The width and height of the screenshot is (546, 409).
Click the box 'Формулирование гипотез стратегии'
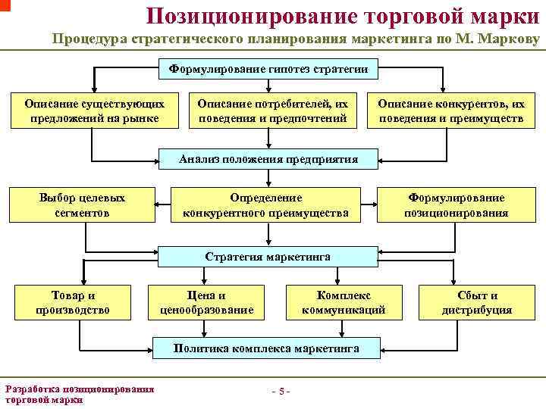pos(268,70)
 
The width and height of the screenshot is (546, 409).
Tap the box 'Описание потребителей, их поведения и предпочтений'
pos(272,111)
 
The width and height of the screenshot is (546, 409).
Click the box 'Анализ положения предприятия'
pos(268,159)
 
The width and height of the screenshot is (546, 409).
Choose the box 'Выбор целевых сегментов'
pos(82,205)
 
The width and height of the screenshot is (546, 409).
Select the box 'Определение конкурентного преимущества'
pos(266,205)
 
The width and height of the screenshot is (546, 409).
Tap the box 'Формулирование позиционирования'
pos(456,205)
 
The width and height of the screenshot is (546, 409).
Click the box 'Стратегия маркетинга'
pos(268,257)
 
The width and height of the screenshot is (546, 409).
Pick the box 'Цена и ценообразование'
pos(206,302)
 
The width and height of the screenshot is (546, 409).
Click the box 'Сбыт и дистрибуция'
pos(477,302)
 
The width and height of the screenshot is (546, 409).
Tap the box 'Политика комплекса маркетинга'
pos(266,349)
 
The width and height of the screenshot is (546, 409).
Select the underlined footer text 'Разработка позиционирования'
pos(80,389)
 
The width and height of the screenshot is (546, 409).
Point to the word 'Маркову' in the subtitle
pos(509,41)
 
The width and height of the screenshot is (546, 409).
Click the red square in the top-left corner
pos(5,5)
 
